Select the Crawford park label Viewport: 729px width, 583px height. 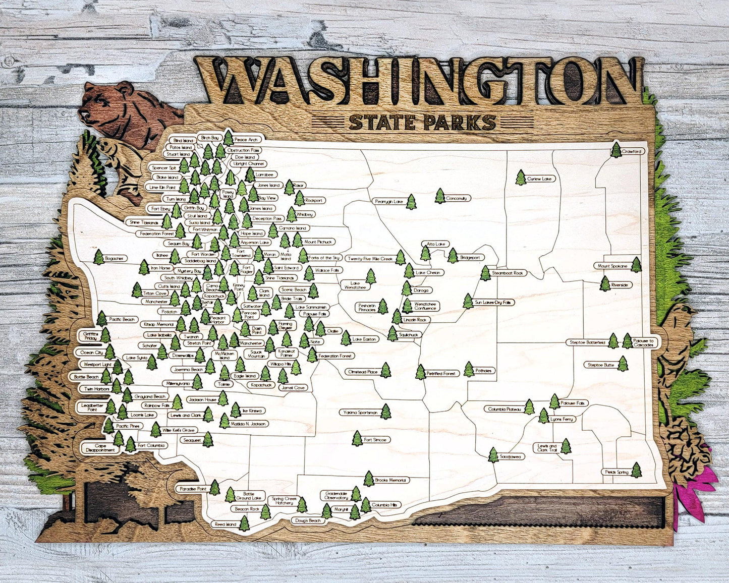pyautogui.click(x=632, y=151)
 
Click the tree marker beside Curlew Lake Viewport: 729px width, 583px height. pyautogui.click(x=521, y=178)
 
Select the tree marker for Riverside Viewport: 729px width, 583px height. pyautogui.click(x=605, y=284)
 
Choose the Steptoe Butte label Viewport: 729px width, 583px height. pyautogui.click(x=601, y=365)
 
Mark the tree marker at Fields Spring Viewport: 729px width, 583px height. pyautogui.click(x=637, y=470)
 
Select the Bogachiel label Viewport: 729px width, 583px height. pyautogui.click(x=115, y=259)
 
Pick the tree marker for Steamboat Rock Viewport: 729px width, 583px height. pyautogui.click(x=485, y=273)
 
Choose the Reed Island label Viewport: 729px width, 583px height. pyautogui.click(x=225, y=524)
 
